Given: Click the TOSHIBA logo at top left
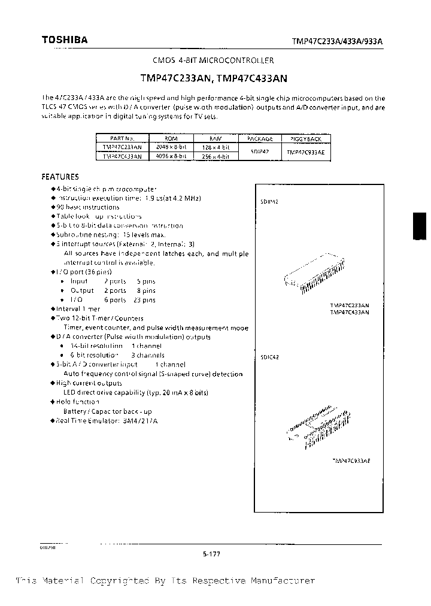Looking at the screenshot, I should (x=64, y=40).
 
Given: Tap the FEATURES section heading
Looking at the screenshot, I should (x=60, y=177).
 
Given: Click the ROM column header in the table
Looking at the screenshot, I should (x=170, y=138).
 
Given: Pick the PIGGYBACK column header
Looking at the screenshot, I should (x=305, y=138).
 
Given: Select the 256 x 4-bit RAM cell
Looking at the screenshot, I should (x=215, y=156).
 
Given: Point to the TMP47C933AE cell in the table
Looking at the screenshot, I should (x=305, y=152).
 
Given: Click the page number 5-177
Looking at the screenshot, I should (x=212, y=554).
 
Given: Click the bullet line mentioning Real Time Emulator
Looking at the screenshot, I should (x=107, y=421).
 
